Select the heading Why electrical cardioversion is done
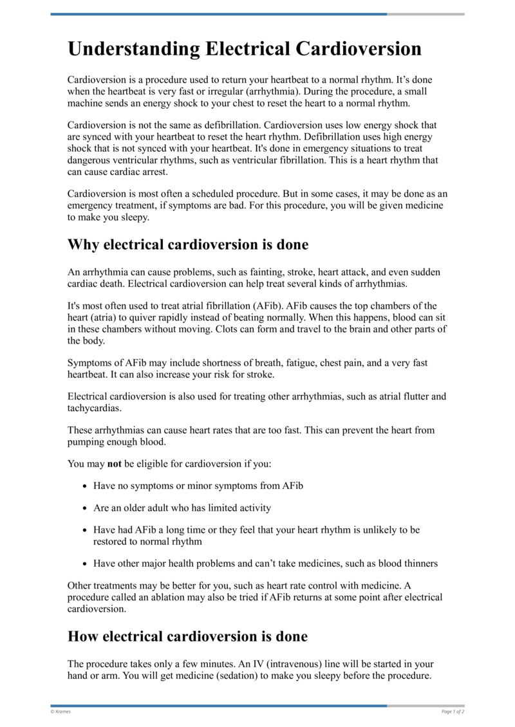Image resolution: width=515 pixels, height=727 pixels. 188,244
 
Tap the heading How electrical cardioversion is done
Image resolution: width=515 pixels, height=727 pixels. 187,636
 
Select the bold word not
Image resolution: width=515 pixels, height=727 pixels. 114,463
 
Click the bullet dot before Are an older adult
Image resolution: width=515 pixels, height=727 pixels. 86,508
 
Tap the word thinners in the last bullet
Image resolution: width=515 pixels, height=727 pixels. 419,564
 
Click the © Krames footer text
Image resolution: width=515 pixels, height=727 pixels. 61,712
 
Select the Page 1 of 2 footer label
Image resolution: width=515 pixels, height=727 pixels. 453,712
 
